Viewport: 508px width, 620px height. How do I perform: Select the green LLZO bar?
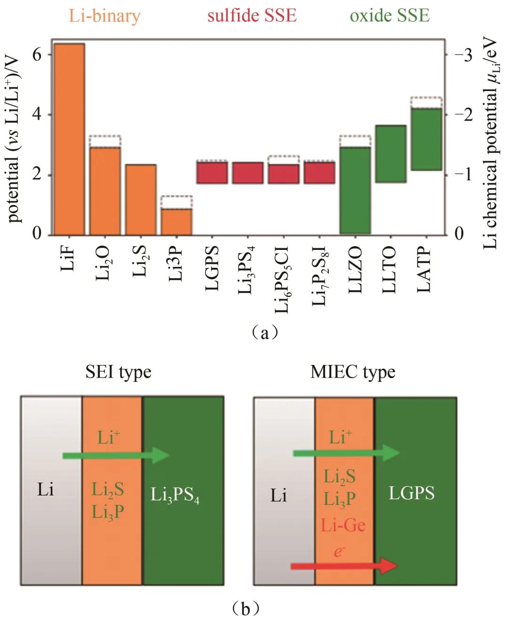(355, 190)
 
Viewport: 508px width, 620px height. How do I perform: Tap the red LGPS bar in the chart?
(212, 173)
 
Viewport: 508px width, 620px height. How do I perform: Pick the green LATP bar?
(426, 139)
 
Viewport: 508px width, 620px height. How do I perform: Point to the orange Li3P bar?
(176, 222)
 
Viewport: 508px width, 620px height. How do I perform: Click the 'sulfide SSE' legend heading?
(252, 15)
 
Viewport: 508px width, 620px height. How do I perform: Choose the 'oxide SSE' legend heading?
(389, 15)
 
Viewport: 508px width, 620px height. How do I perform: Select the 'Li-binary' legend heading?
(104, 16)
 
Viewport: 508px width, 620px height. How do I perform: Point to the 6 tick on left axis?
(37, 55)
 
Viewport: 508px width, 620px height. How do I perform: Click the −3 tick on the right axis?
(463, 55)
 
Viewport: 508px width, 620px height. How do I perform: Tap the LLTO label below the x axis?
(390, 270)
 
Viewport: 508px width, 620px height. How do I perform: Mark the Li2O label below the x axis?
(103, 263)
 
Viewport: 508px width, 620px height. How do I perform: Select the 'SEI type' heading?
(119, 372)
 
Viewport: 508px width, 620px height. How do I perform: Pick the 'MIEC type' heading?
(353, 372)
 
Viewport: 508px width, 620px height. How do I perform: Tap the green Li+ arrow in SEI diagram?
(116, 455)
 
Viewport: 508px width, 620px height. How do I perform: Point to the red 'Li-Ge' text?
(343, 525)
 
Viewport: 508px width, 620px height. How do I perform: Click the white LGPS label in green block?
(412, 493)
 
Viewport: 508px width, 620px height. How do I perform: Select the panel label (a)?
(265, 333)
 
